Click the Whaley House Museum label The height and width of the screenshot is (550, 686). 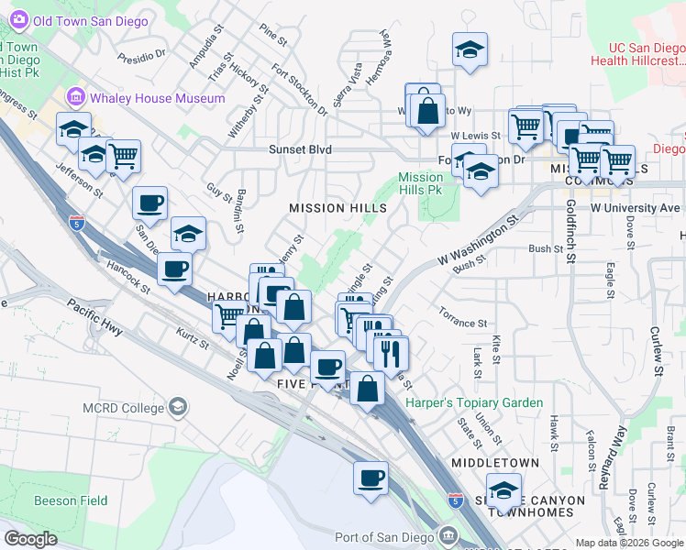[158, 98]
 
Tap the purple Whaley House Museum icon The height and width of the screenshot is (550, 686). [75, 98]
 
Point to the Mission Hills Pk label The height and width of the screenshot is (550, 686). [421, 183]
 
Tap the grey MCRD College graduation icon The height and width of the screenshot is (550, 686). [179, 406]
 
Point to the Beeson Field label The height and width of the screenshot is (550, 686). [71, 500]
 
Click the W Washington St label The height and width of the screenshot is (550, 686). [479, 240]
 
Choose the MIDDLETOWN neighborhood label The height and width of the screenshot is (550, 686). [490, 464]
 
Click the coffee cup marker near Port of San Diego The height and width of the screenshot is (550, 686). [371, 478]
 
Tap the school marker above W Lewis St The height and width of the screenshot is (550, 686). [470, 49]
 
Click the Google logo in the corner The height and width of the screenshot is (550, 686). [30, 539]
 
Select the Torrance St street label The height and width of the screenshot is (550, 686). [462, 323]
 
